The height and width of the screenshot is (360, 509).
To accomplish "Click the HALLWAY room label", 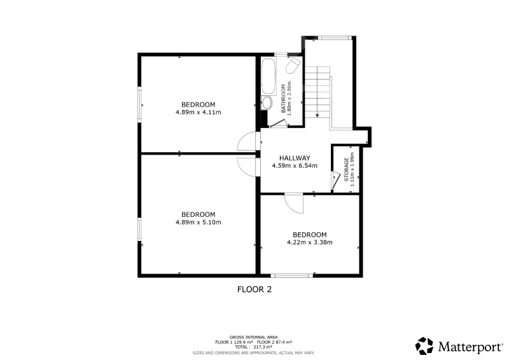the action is point(295,158).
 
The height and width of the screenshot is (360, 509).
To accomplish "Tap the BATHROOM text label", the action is point(283,99).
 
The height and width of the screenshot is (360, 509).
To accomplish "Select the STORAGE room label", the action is point(347,170).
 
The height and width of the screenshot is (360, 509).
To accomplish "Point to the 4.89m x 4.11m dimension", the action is point(199,113).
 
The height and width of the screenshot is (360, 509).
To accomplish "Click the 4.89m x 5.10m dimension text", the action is point(199,223).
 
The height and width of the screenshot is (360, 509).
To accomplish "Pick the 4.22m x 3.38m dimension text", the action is point(310,242).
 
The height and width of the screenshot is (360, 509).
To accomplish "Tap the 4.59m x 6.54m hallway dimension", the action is point(295,165).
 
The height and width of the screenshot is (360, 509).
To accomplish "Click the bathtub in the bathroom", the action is point(268,76).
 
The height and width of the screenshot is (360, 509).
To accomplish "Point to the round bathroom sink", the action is point(267,103).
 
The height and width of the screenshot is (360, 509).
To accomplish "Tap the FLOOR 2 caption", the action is point(254,289).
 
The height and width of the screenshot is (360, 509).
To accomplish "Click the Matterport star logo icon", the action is point(424,346).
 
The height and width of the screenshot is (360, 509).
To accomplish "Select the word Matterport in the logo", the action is point(470,347).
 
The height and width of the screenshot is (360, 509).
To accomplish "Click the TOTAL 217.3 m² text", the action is point(253,347).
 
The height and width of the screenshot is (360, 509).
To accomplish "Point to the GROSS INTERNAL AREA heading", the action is point(253,337).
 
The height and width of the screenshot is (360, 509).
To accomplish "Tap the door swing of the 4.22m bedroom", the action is point(294,204).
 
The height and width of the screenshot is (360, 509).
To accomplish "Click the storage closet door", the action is point(335,181).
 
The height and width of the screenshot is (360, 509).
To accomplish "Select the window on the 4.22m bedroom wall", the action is point(292,276).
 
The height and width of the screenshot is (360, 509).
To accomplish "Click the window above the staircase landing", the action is point(335,38).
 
